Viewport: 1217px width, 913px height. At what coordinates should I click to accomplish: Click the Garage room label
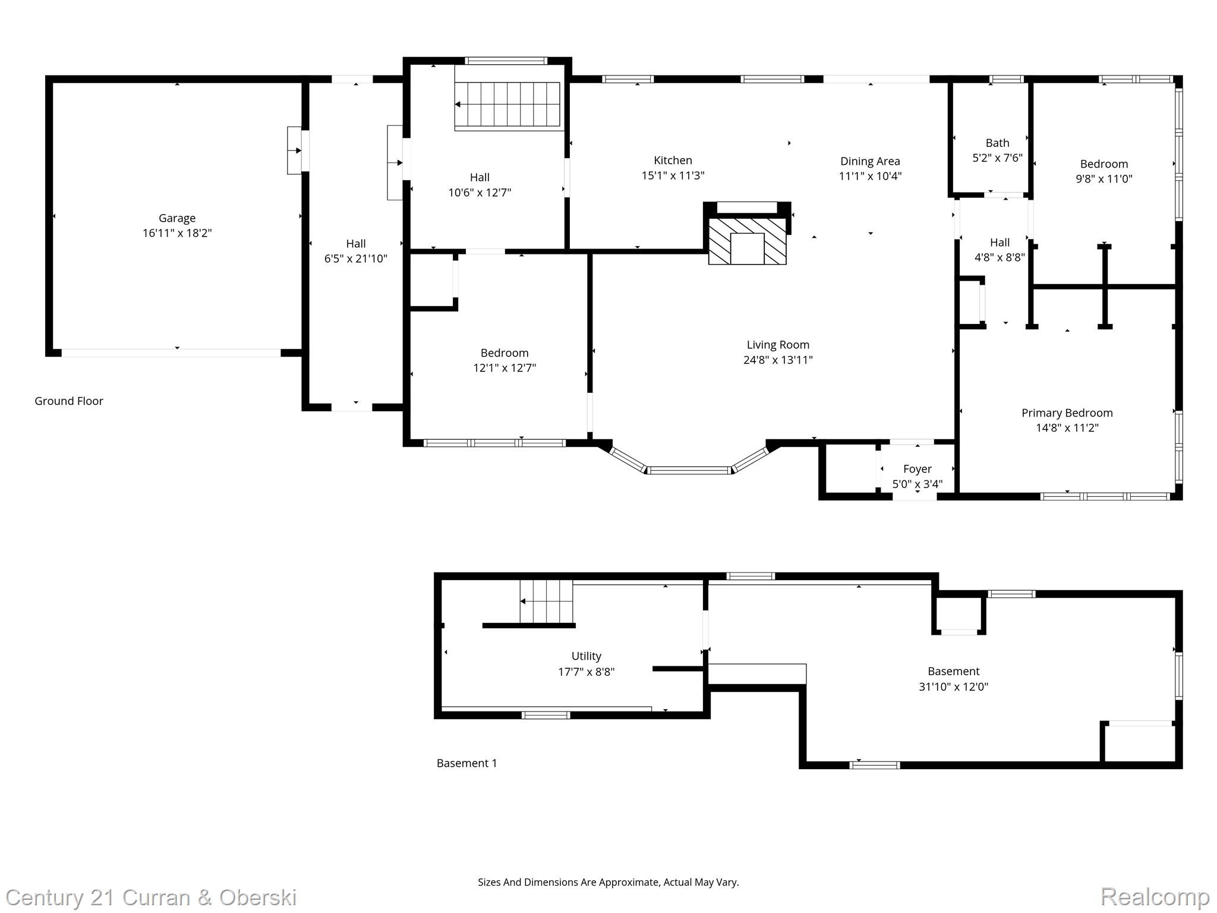pyautogui.click(x=176, y=218)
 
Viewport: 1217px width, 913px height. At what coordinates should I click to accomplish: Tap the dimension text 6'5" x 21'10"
pyautogui.click(x=355, y=259)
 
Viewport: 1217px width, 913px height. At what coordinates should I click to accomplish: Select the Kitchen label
pyautogui.click(x=673, y=160)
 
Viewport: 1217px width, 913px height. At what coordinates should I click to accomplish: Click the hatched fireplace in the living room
pyautogui.click(x=747, y=241)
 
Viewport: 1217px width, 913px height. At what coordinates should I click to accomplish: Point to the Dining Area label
pyautogui.click(x=870, y=161)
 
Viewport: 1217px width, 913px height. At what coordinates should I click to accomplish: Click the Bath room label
pyautogui.click(x=997, y=143)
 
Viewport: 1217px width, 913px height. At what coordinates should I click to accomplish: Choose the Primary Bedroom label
pyautogui.click(x=1067, y=413)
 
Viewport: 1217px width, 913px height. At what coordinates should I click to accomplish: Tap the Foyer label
pyautogui.click(x=917, y=469)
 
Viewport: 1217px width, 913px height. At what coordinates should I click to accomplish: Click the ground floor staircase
pyautogui.click(x=508, y=105)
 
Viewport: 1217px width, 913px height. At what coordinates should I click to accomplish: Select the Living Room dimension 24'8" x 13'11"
pyautogui.click(x=778, y=360)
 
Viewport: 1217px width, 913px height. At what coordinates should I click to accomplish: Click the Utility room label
pyautogui.click(x=586, y=656)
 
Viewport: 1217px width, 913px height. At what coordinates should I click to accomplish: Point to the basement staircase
pyautogui.click(x=547, y=602)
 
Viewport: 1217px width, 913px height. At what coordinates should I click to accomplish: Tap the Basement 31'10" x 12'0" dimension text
pyautogui.click(x=953, y=687)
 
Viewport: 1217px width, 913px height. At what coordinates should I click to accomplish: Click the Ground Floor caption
pyautogui.click(x=69, y=401)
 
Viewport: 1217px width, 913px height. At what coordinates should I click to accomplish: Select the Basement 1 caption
pyautogui.click(x=466, y=763)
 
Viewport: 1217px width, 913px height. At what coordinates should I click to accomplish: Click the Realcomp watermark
pyautogui.click(x=1155, y=896)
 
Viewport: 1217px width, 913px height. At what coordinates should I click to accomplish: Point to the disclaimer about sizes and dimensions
pyautogui.click(x=608, y=882)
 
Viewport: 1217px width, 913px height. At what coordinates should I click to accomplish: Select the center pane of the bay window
pyautogui.click(x=689, y=470)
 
